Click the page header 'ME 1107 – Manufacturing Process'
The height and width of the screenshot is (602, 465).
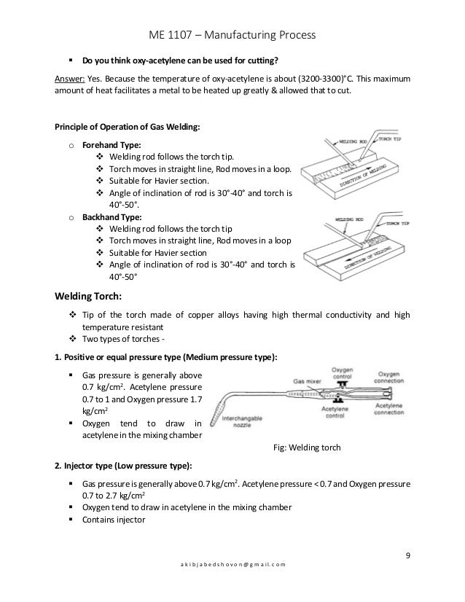point(232,34)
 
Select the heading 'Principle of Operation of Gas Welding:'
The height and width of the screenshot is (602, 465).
point(122,126)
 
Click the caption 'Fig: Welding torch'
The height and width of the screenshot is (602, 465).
point(305,447)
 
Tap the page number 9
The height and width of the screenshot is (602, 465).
point(409,558)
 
